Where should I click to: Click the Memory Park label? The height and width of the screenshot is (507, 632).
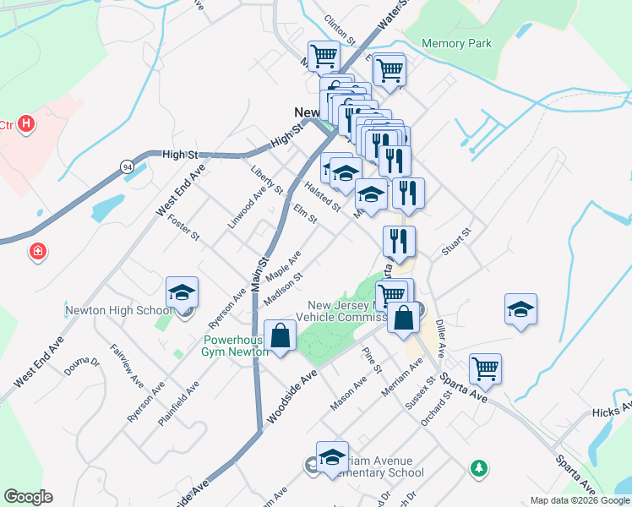[x=456, y=43]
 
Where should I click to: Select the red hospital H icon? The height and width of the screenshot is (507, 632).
[x=27, y=124]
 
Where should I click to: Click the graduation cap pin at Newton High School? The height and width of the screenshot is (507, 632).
[x=182, y=292]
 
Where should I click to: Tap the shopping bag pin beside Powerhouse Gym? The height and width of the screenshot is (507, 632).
[x=280, y=335]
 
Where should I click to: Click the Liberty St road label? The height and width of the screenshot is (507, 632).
[x=265, y=180]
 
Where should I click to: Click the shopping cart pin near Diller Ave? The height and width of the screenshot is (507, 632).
[x=485, y=368]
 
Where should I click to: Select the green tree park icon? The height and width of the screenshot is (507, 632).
[x=479, y=467]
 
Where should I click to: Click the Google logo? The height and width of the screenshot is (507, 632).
[x=28, y=497]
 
